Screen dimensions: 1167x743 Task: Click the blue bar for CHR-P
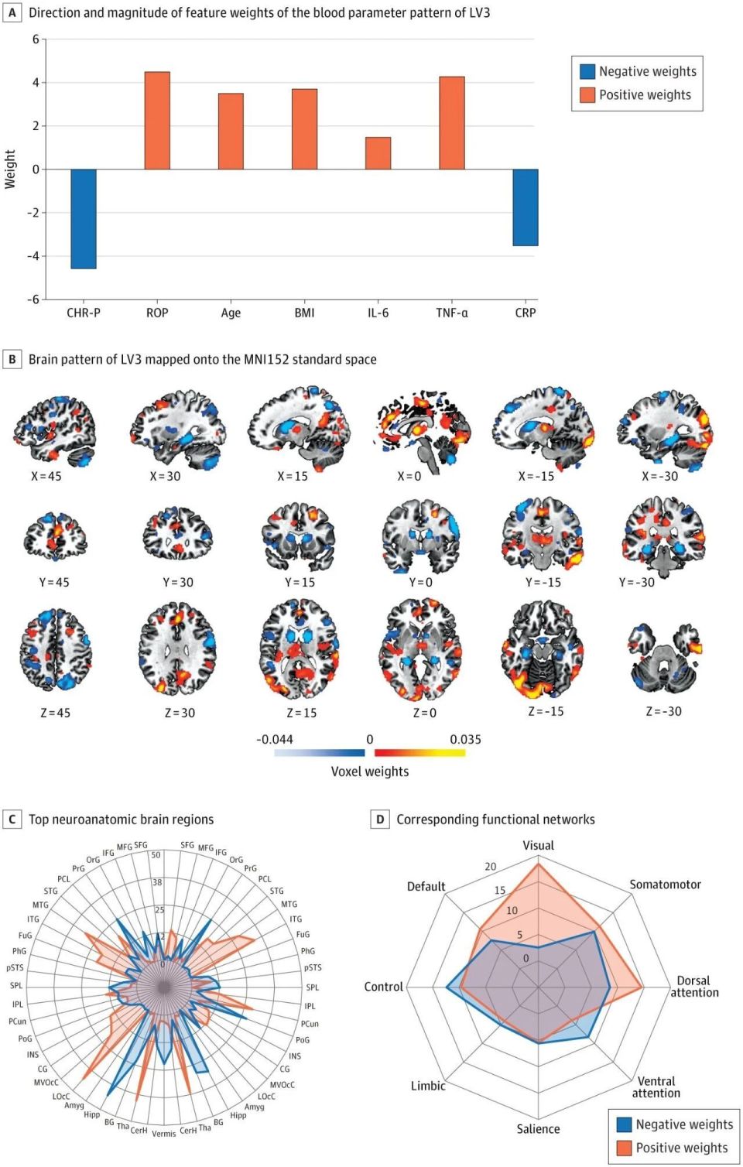84,218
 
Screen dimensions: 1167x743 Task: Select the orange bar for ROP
157,121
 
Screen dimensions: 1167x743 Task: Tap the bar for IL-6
378,153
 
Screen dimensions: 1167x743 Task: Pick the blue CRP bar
525,207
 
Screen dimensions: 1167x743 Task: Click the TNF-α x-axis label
451,313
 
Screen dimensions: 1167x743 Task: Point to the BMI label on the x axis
304,313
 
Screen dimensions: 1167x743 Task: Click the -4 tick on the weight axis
35,256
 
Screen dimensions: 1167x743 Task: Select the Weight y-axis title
10,169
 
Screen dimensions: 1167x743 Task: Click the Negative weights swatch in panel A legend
587,71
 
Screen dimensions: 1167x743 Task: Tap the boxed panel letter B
12,359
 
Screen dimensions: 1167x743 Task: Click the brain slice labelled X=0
422,429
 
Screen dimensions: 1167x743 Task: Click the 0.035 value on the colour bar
465,739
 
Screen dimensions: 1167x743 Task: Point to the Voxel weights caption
370,772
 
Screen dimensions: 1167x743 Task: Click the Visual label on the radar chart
538,845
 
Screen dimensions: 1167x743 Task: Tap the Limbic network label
428,1086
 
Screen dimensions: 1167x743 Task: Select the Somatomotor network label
665,884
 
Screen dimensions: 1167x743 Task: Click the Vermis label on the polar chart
164,1134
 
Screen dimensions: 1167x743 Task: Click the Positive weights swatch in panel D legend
624,1148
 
